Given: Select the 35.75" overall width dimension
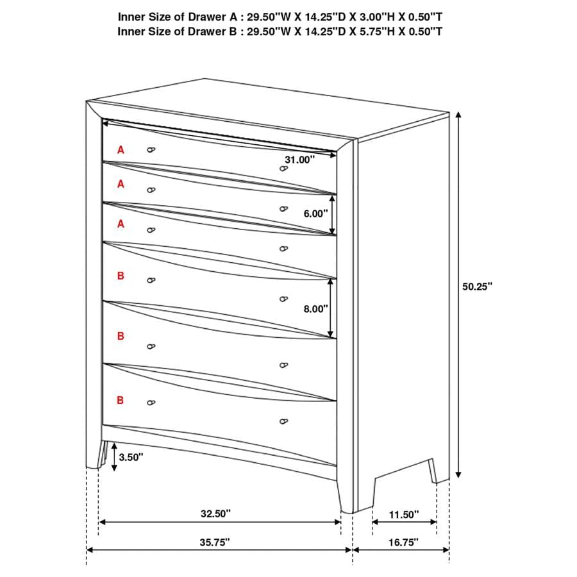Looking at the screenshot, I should pyautogui.click(x=214, y=542).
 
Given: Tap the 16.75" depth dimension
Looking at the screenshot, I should pyautogui.click(x=402, y=542).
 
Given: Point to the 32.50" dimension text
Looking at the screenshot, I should pyautogui.click(x=215, y=514).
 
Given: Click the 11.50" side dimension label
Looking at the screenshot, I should pyautogui.click(x=403, y=514).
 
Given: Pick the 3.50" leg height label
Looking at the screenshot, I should pyautogui.click(x=131, y=457).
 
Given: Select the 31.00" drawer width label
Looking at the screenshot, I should pyautogui.click(x=301, y=160).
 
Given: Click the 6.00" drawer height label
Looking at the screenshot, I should pyautogui.click(x=315, y=214).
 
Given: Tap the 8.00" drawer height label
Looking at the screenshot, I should pyautogui.click(x=315, y=308).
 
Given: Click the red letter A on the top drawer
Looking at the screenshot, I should pyautogui.click(x=121, y=149).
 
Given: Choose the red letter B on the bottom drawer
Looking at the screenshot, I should pyautogui.click(x=121, y=400).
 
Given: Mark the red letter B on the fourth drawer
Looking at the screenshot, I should pyautogui.click(x=121, y=276).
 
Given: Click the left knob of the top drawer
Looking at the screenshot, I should pyautogui.click(x=151, y=149).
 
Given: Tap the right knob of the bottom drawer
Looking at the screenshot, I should pyautogui.click(x=283, y=421).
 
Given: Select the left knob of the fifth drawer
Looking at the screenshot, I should pyautogui.click(x=151, y=346).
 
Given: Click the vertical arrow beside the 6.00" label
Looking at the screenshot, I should pyautogui.click(x=331, y=213).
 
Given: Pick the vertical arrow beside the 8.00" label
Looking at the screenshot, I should pyautogui.click(x=331, y=308).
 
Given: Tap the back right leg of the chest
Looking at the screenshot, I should pyautogui.click(x=439, y=471).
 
